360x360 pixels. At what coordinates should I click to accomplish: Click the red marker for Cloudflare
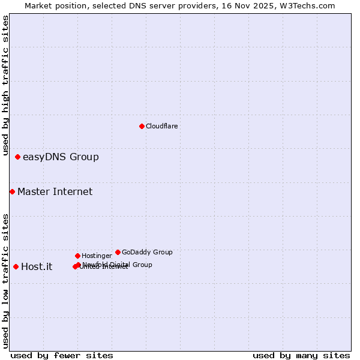(x=142, y=126)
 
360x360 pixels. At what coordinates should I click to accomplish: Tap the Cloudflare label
(x=161, y=126)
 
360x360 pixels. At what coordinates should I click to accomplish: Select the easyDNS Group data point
(x=17, y=157)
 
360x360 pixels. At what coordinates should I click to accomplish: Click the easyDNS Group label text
(x=61, y=157)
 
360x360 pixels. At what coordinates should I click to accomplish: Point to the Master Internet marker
(x=12, y=191)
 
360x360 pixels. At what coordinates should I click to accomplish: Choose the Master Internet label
(x=55, y=192)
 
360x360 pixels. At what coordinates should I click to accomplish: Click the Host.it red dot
(x=16, y=266)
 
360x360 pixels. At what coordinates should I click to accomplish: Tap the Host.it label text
(x=37, y=267)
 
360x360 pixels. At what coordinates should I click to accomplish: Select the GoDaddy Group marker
(x=118, y=252)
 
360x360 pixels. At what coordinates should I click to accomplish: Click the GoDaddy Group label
(x=147, y=252)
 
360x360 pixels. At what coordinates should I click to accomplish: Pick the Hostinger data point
(x=77, y=256)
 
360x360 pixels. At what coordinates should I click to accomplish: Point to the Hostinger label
(x=97, y=256)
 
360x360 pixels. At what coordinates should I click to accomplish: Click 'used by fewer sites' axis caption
(x=62, y=355)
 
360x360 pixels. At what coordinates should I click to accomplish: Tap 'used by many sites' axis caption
(x=301, y=355)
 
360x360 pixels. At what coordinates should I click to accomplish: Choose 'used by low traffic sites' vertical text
(x=5, y=281)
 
